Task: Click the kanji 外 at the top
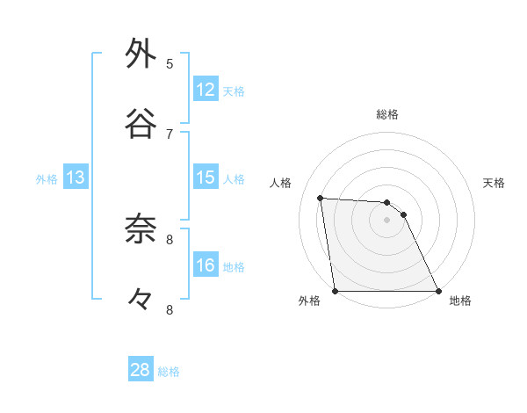[141, 54]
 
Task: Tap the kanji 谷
[141, 124]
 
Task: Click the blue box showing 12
[206, 90]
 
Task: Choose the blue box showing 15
[206, 178]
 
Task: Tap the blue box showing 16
[206, 265]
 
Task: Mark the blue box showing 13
[76, 178]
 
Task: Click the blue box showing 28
[141, 370]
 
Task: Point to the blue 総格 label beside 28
[169, 372]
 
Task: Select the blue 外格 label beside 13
[47, 179]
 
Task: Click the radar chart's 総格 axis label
[387, 114]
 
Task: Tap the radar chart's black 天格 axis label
[495, 183]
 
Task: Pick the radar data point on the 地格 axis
[437, 291]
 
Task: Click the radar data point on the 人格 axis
[321, 199]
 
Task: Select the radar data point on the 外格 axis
[336, 291]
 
